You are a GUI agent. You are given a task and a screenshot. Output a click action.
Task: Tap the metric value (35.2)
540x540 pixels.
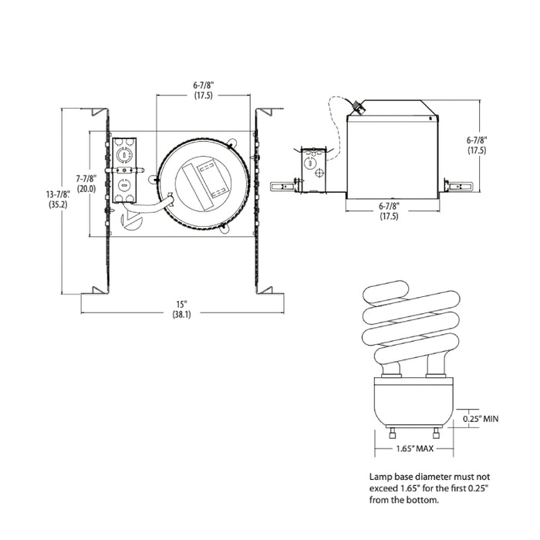[x=57, y=205]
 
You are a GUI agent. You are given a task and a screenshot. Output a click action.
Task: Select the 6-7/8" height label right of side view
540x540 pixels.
[x=476, y=140]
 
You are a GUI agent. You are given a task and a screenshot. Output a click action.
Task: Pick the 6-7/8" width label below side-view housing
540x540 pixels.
[x=390, y=206]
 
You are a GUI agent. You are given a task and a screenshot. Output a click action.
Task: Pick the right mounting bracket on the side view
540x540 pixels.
[x=458, y=186]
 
